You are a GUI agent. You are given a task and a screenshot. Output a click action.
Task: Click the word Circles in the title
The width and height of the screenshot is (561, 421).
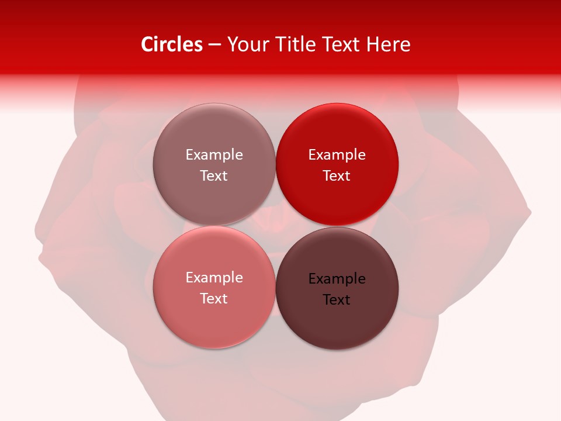click(172, 44)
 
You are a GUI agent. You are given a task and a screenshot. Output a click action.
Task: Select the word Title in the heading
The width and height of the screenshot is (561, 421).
click(297, 44)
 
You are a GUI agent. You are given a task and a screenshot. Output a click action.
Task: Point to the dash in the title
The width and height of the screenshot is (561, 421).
click(214, 45)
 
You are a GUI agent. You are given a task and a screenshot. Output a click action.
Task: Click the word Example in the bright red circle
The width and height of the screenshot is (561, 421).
click(337, 155)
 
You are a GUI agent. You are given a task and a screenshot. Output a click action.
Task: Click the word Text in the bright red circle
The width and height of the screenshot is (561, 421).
click(337, 176)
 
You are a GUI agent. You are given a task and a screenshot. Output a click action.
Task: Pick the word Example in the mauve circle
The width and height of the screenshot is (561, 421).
click(214, 155)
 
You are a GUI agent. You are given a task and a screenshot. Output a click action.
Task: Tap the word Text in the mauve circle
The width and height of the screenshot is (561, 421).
click(214, 176)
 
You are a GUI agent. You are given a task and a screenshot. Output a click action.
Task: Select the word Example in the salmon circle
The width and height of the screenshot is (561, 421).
click(214, 278)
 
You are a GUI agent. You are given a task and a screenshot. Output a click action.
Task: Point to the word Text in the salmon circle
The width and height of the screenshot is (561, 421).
click(214, 299)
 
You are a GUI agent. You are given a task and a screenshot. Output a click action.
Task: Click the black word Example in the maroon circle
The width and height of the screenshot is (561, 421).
click(337, 279)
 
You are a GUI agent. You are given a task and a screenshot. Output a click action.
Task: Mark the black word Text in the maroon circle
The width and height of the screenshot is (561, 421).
click(337, 300)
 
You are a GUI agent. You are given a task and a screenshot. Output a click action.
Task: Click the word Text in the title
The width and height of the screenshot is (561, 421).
click(343, 44)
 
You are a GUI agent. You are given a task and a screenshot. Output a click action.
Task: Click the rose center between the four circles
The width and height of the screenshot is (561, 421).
click(276, 225)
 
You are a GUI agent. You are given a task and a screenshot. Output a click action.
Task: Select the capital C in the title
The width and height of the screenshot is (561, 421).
click(147, 44)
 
